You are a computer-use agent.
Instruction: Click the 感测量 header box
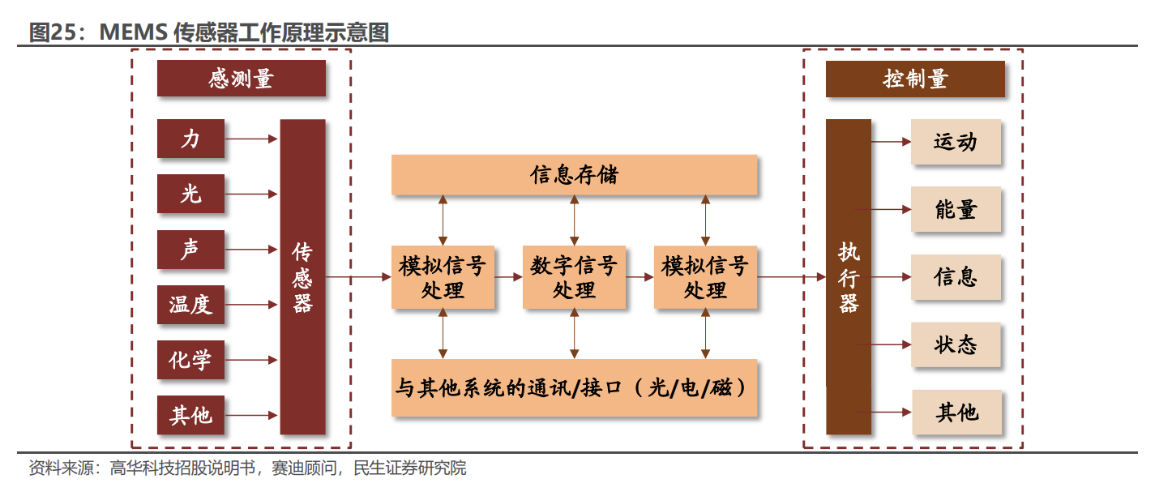coord(241,79)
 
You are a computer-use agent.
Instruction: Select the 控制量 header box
coord(915,79)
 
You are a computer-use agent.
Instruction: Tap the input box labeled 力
coord(190,139)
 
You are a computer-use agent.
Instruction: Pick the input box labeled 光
coord(190,194)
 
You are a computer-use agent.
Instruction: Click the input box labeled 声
coord(190,249)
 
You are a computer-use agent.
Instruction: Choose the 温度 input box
coord(190,305)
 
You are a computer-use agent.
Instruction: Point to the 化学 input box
coord(190,360)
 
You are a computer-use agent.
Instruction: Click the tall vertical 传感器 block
coord(302,276)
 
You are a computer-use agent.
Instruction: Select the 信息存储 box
coord(574,175)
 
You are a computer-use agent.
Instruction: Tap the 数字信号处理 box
coord(574,277)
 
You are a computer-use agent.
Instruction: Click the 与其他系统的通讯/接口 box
coord(574,387)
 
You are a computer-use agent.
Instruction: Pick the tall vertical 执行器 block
coord(848,276)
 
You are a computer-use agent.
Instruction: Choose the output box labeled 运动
coord(956,142)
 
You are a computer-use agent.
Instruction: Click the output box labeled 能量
coord(956,209)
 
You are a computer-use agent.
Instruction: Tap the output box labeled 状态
coord(956,344)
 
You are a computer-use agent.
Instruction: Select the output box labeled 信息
coord(956,277)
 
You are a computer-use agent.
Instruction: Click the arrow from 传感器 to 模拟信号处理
coord(358,277)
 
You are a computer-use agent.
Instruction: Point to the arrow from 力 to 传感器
coord(251,139)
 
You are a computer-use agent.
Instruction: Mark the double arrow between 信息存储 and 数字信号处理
coord(574,220)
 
